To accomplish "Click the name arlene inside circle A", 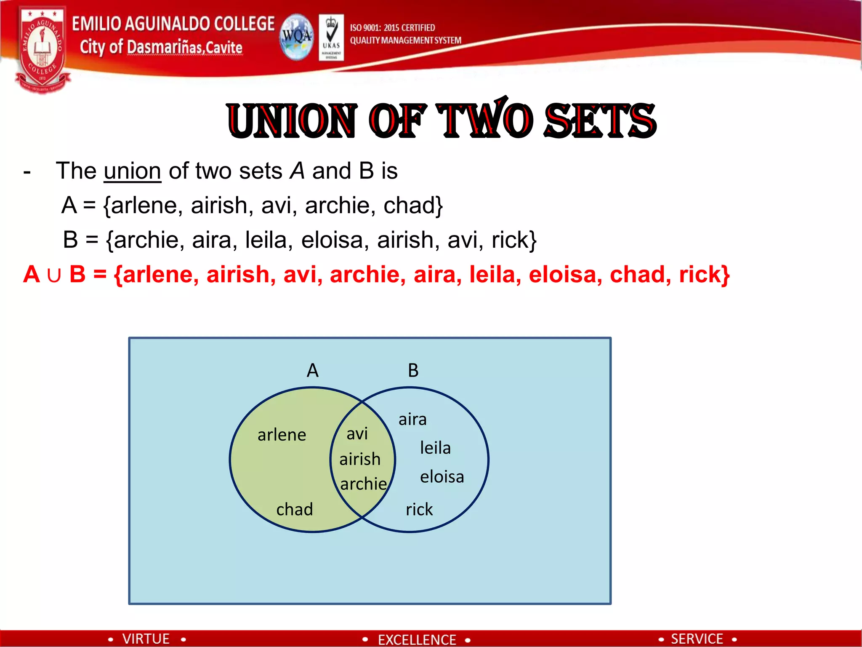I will click(282, 435).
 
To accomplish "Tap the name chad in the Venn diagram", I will click(295, 509).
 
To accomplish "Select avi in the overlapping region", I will click(357, 433).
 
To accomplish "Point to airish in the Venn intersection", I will click(360, 459).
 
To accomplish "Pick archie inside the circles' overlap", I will click(363, 484).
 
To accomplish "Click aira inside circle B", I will click(412, 419).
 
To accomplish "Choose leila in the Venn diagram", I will click(435, 447).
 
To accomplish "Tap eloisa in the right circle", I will click(442, 476).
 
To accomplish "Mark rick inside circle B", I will click(419, 509).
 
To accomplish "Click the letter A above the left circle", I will click(312, 370).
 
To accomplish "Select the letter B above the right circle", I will click(413, 370).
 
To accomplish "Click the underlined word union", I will click(133, 171).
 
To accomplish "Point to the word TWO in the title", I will click(484, 120).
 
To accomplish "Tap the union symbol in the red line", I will click(54, 275).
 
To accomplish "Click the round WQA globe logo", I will click(297, 37).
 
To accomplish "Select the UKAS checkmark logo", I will click(331, 37).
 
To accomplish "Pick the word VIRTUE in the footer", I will click(146, 639).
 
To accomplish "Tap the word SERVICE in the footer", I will click(697, 639).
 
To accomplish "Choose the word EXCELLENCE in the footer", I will click(417, 639).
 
